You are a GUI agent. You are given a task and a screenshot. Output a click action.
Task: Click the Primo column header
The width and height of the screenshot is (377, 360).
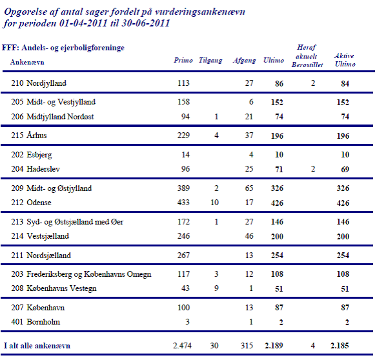183,60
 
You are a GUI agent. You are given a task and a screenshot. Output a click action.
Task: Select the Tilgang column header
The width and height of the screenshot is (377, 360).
210,61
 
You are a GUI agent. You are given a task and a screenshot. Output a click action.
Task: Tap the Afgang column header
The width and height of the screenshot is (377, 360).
244,61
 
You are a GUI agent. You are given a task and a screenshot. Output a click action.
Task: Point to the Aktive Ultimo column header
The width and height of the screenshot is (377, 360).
345,60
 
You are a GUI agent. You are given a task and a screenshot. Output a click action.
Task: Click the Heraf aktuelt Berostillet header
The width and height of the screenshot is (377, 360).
307,56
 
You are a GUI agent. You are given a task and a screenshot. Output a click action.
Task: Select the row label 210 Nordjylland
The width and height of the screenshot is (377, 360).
39,83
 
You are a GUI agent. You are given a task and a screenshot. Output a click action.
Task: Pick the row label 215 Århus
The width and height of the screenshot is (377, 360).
29,135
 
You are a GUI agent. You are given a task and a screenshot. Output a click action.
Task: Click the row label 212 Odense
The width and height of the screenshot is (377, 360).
31,203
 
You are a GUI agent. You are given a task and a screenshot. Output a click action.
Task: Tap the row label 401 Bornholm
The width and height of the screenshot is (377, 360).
36,322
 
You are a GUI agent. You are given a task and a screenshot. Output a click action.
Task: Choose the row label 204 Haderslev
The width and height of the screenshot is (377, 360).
36,169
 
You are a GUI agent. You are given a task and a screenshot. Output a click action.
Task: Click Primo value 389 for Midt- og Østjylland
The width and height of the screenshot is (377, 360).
183,188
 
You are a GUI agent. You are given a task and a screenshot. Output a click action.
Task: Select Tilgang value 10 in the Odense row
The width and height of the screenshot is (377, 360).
214,203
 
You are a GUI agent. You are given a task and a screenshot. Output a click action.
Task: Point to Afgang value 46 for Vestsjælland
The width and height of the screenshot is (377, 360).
249,236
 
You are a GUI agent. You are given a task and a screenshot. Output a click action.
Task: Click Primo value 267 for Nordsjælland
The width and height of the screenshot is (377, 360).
183,255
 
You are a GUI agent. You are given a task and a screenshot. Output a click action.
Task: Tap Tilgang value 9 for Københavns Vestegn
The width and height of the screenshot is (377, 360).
216,288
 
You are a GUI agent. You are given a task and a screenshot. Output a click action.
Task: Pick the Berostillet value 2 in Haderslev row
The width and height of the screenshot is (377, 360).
313,169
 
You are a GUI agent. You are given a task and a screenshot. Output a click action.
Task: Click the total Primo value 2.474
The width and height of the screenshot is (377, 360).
182,346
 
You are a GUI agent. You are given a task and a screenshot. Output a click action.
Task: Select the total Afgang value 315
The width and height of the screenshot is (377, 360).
247,346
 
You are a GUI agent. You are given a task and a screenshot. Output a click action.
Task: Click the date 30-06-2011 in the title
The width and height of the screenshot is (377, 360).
146,23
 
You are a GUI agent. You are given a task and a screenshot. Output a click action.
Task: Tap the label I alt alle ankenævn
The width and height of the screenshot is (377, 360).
37,346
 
